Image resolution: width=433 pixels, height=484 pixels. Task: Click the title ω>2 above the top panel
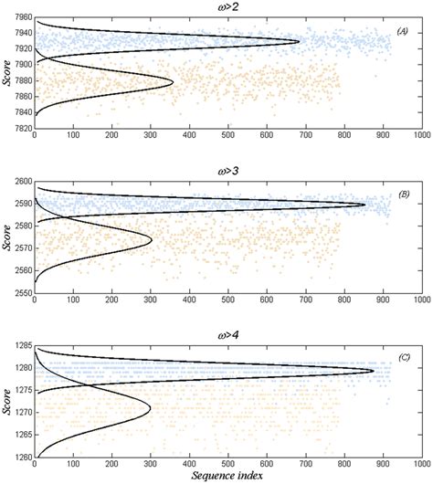(x=229, y=9)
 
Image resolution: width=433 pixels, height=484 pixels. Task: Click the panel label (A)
(x=401, y=31)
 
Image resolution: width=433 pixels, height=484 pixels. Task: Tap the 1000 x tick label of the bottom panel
(x=420, y=464)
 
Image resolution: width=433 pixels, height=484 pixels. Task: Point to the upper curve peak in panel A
(x=299, y=41)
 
